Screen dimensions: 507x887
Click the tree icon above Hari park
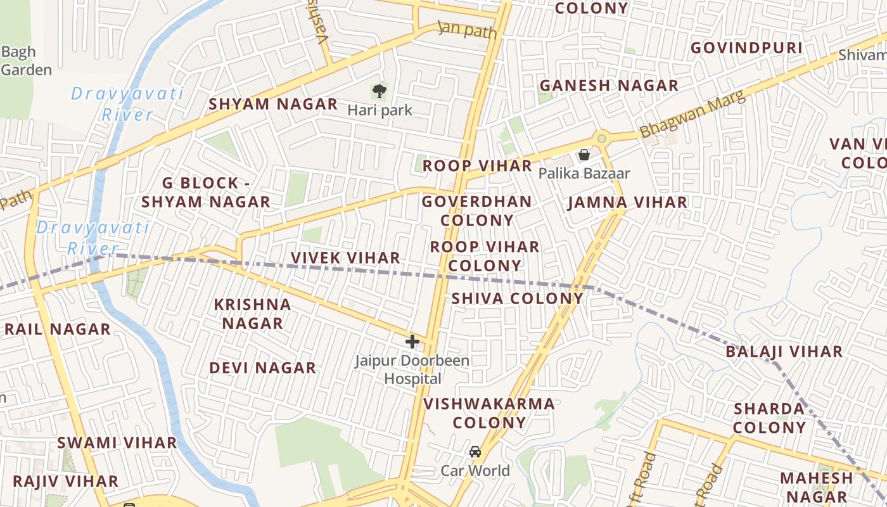pos(380,91)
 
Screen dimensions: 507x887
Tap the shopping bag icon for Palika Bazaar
pos(584,155)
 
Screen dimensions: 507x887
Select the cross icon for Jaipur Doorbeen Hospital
pos(412,342)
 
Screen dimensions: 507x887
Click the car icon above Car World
pos(475,452)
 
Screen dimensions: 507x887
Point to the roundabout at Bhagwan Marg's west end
pos(601,138)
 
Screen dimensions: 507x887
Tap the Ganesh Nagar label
pos(609,86)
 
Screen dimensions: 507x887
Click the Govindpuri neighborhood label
pos(746,48)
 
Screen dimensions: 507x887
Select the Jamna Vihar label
pos(627,203)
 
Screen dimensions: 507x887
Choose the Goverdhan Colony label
pos(477,211)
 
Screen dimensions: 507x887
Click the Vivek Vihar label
pos(345,258)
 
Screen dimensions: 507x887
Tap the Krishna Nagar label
pos(252,314)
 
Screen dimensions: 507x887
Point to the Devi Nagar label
pos(262,368)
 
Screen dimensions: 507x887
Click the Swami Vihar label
pos(117,442)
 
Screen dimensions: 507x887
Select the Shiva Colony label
pos(517,298)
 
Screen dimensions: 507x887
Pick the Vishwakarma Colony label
pos(489,413)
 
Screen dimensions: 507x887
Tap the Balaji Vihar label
pos(784,352)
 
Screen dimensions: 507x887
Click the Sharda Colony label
pos(769,418)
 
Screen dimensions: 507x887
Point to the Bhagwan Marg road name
pos(692,115)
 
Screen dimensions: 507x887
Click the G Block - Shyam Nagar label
pos(206,193)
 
